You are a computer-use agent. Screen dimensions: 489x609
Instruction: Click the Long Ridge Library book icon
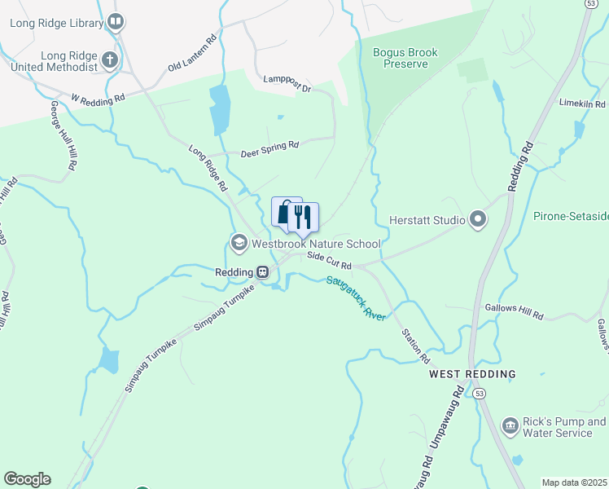click(116, 22)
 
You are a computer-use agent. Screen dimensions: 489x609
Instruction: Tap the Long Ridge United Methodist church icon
click(110, 61)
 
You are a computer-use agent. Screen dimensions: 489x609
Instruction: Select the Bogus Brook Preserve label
click(405, 58)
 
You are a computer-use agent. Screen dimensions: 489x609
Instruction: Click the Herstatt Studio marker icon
click(478, 219)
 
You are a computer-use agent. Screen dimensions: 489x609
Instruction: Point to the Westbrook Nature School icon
click(239, 243)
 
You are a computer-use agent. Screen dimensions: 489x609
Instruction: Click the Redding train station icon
click(263, 272)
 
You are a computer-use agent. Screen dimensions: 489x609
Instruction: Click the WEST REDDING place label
click(472, 374)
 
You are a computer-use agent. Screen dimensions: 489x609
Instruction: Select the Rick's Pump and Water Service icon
click(510, 426)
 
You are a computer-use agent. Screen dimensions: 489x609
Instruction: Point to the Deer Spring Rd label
click(269, 148)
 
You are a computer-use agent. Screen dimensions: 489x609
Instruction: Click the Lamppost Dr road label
click(287, 83)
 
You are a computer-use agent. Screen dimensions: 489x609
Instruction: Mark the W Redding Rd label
click(97, 98)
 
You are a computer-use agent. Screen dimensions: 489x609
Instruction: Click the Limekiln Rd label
click(582, 104)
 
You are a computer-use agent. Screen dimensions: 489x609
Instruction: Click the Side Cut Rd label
click(329, 261)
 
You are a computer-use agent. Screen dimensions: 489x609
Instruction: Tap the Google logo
click(27, 479)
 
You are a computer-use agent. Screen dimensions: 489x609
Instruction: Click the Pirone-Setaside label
click(571, 217)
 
